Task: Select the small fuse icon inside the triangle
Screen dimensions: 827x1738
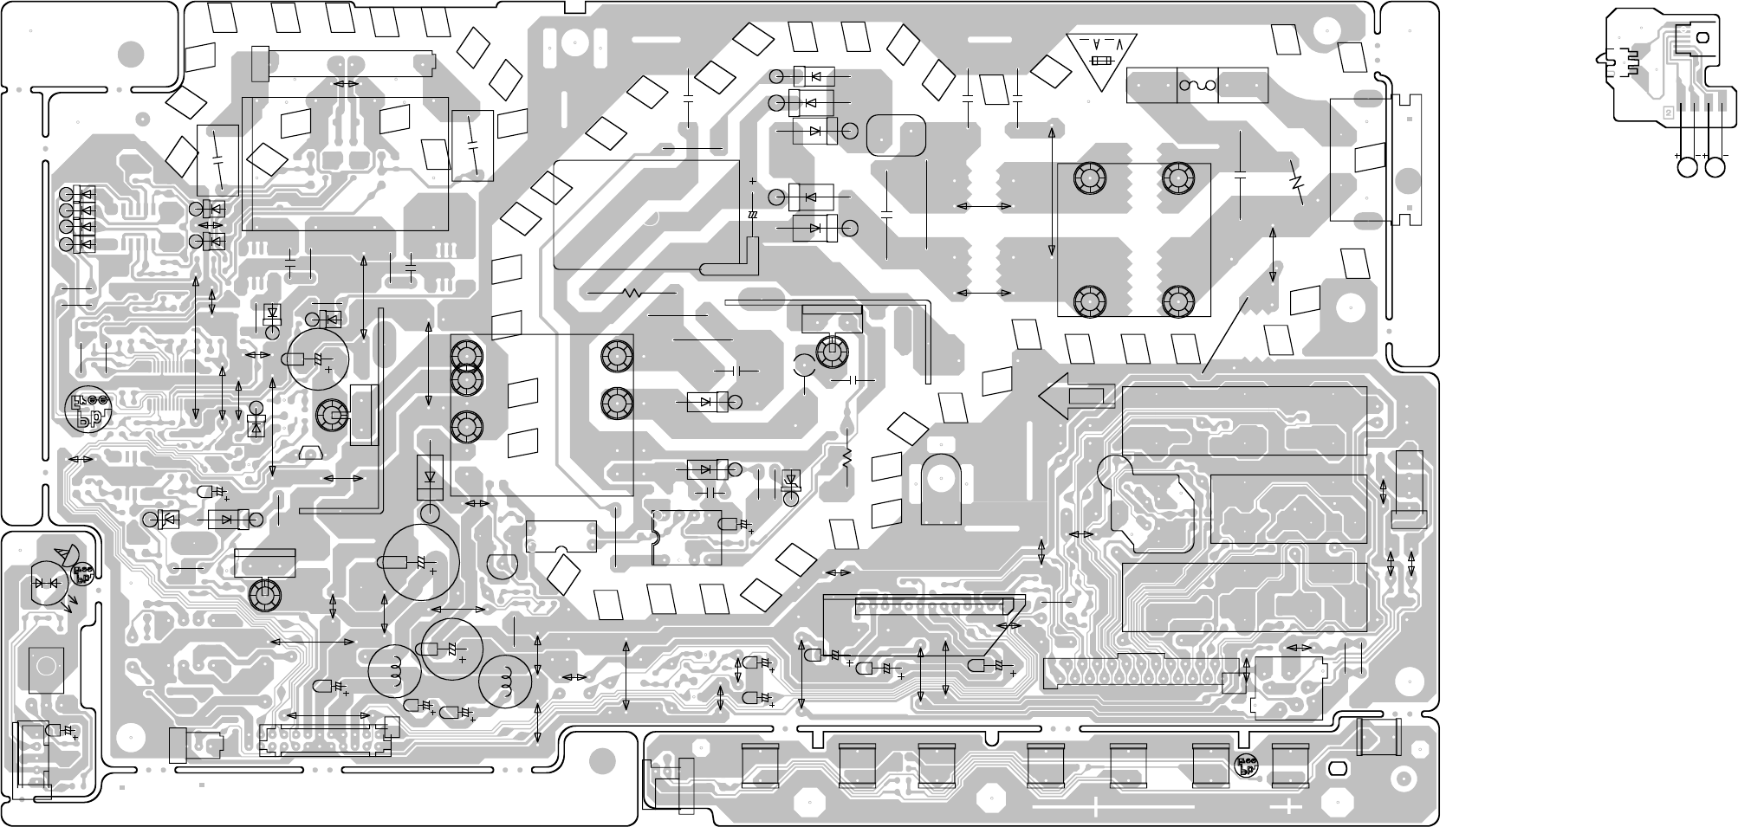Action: [x=1102, y=61]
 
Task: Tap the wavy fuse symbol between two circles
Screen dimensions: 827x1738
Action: [x=1198, y=86]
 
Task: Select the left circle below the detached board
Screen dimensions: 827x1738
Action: [x=1687, y=167]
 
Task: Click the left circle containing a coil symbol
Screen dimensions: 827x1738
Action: [x=395, y=669]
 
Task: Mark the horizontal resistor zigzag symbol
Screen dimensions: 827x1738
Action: [x=632, y=294]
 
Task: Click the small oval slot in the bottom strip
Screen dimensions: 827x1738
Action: [x=1337, y=768]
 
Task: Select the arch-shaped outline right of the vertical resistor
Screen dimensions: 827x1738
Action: [x=942, y=489]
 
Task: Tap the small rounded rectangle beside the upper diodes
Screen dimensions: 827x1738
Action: [x=896, y=136]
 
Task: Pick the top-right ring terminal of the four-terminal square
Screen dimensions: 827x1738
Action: [x=1176, y=178]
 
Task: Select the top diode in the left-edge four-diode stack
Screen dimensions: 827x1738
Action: [x=85, y=193]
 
